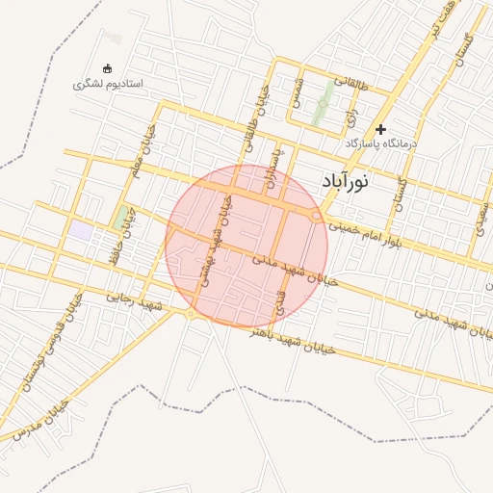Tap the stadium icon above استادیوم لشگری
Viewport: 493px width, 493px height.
click(x=107, y=68)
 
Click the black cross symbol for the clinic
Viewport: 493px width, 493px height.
click(x=381, y=129)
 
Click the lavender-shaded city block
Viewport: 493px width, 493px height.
click(x=81, y=231)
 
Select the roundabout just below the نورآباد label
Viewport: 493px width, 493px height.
click(x=317, y=218)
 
